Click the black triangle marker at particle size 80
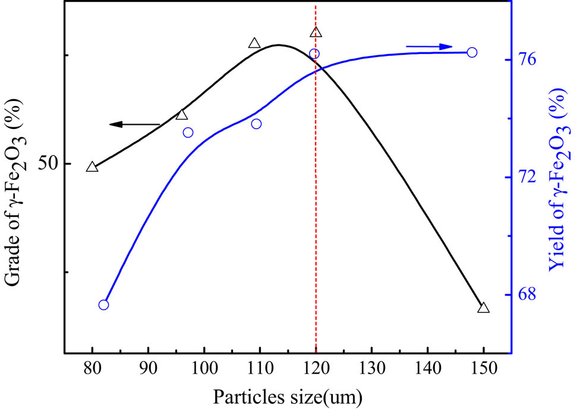92,167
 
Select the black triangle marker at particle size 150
483,308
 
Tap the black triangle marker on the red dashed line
316,33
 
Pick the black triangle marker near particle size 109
254,43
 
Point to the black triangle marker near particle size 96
182,115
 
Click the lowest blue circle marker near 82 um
103,305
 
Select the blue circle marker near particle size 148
472,52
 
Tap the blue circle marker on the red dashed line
314,54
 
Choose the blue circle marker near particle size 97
188,133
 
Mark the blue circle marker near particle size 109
256,124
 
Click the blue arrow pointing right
430,46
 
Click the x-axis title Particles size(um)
288,395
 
